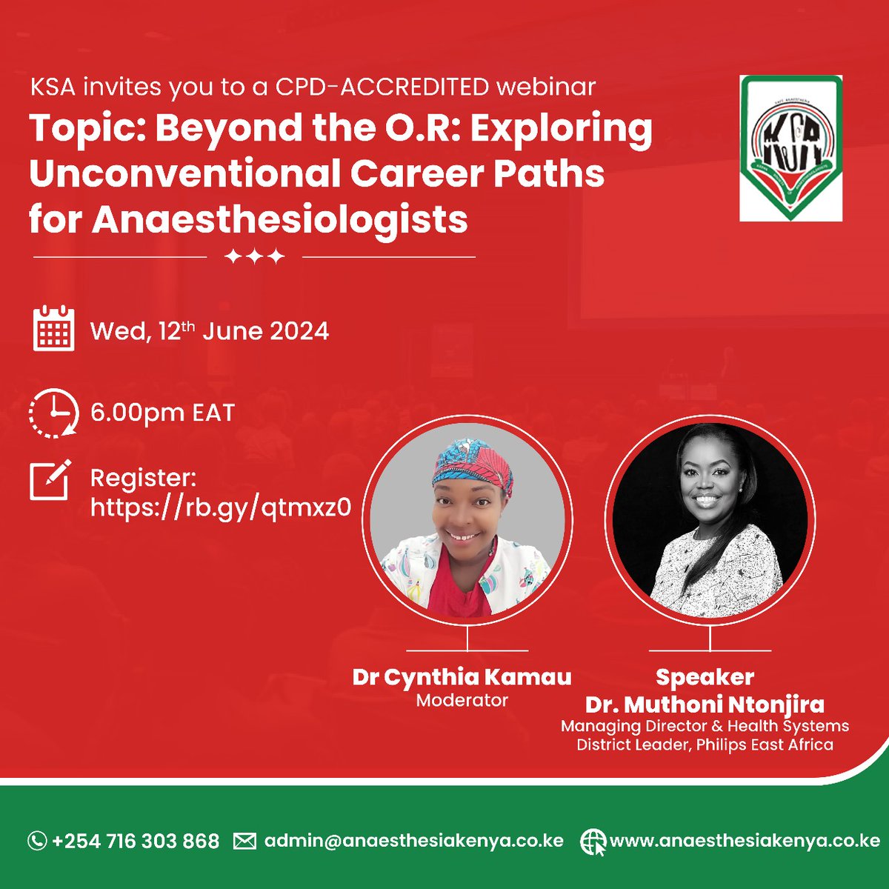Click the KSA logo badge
tap(790, 147)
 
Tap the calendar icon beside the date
tap(53, 328)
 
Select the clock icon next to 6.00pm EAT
tap(53, 413)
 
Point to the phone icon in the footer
tap(36, 841)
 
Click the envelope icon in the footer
tap(244, 841)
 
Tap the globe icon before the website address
tap(593, 842)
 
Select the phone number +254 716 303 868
tap(136, 841)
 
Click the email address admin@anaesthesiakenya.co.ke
tap(413, 841)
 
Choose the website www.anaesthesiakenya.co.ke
tap(744, 841)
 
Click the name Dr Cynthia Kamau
tap(462, 676)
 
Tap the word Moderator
tap(462, 700)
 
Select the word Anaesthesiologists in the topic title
tap(279, 220)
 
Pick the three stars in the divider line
tap(254, 257)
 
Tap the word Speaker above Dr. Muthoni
tap(705, 676)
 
